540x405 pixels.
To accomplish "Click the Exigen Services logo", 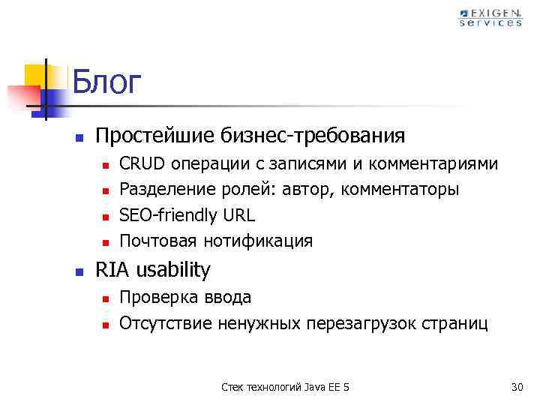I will pyautogui.click(x=490, y=17).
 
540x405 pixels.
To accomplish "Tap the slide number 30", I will pyautogui.click(x=516, y=387).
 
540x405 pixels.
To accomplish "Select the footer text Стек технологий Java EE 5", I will pyautogui.click(x=286, y=387).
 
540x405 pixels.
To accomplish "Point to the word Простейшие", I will pyautogui.click(x=155, y=136).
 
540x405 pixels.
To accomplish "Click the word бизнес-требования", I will pyautogui.click(x=313, y=136).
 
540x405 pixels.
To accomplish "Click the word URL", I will pyautogui.click(x=238, y=215).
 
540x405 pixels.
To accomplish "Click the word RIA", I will pyautogui.click(x=112, y=270).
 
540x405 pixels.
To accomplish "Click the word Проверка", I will pyautogui.click(x=154, y=298).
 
